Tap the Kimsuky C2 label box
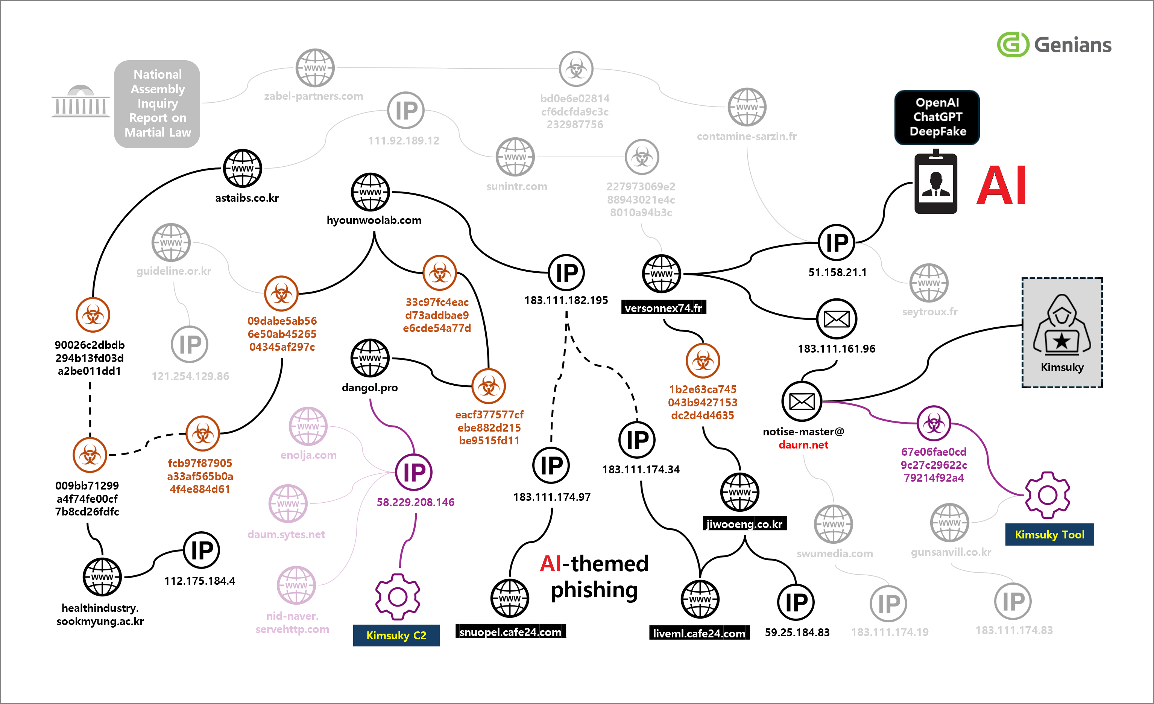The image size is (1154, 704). [x=396, y=635]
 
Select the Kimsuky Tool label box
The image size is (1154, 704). [x=1049, y=534]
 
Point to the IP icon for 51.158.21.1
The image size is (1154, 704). [x=837, y=243]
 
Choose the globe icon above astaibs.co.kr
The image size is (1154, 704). [x=242, y=168]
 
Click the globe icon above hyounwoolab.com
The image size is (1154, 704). [x=370, y=192]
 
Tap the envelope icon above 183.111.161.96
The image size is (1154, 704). [x=837, y=319]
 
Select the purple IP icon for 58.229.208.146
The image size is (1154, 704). [x=413, y=472]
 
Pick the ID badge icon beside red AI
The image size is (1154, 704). [x=936, y=182]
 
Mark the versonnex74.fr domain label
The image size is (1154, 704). [x=663, y=308]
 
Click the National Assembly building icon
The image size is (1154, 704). [x=80, y=101]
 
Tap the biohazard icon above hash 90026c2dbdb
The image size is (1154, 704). [x=93, y=315]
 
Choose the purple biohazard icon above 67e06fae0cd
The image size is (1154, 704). [x=934, y=423]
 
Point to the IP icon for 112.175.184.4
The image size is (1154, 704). [x=201, y=550]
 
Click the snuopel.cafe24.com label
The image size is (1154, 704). [x=510, y=632]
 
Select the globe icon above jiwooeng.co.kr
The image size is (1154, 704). [x=739, y=492]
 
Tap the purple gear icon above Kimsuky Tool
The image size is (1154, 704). [x=1047, y=495]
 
